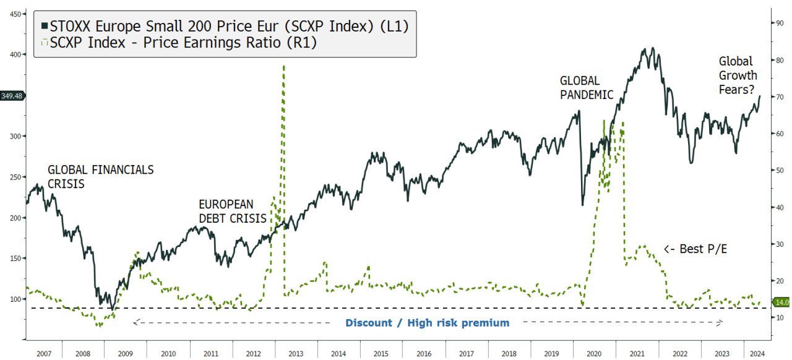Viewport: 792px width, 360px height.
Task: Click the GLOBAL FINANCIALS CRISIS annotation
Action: [x=100, y=176]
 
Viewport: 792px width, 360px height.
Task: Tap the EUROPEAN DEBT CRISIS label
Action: [x=232, y=211]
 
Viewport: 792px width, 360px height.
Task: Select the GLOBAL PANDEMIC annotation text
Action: [x=586, y=88]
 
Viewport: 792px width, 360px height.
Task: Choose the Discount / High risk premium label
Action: [x=427, y=323]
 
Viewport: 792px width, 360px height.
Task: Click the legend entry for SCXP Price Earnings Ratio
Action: [x=179, y=43]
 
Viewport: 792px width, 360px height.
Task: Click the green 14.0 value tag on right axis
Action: [x=781, y=302]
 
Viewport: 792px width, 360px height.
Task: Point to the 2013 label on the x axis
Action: [x=295, y=353]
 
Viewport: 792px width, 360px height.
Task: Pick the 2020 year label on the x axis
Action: [x=594, y=353]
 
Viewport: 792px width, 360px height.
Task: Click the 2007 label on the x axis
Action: [x=43, y=353]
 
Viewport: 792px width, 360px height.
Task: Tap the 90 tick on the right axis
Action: [x=780, y=23]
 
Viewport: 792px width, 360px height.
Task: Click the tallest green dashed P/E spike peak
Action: [x=283, y=65]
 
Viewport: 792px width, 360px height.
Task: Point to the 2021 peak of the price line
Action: [x=647, y=48]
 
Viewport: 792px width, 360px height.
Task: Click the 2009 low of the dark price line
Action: [x=112, y=308]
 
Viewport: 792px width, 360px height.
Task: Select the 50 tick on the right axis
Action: [x=780, y=170]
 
